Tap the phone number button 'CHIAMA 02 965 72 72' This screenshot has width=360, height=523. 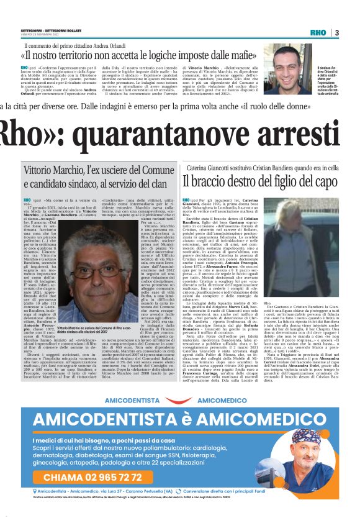(x=103, y=477)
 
